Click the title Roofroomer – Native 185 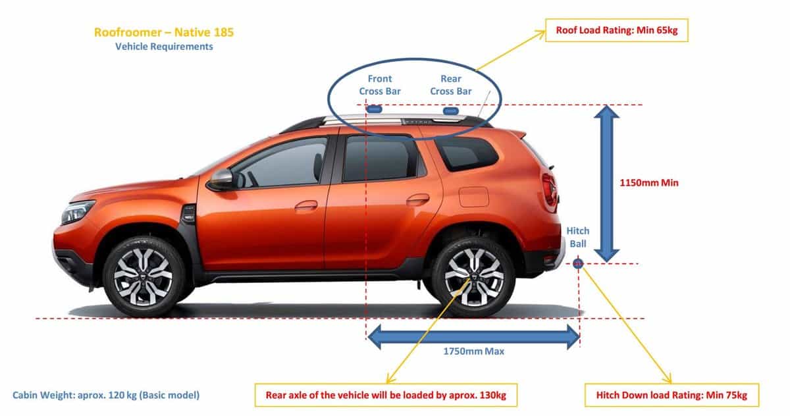164,32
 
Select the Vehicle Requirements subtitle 164,47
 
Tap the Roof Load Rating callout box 616,30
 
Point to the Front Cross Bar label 380,85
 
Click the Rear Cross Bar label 451,85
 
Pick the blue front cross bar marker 374,109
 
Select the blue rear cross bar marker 451,111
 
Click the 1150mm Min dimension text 649,182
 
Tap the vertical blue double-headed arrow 606,184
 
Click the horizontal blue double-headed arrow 473,337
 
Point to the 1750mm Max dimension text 473,351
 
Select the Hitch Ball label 578,237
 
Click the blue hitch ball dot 578,263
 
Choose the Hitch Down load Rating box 672,395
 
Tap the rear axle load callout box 386,395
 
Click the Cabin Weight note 106,395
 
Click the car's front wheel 144,276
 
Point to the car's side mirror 221,180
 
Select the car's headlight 77,211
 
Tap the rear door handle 418,199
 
